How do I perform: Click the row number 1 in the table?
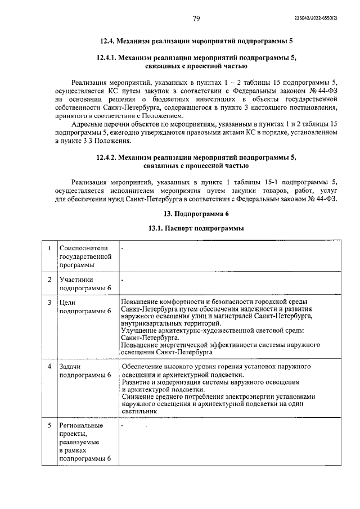(x=49, y=248)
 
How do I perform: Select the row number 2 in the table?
(x=49, y=280)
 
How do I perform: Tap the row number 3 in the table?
(x=49, y=302)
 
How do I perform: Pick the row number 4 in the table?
(x=49, y=367)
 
